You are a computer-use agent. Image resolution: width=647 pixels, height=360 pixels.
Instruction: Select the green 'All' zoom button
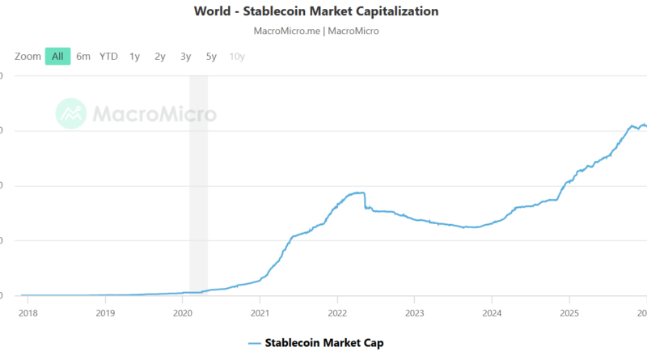tap(57, 57)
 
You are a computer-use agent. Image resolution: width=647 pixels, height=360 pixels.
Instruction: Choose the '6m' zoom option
tap(83, 57)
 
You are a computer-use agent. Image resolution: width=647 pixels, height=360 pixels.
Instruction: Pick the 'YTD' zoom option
tap(108, 57)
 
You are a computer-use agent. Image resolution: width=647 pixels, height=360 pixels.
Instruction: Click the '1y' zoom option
tap(134, 57)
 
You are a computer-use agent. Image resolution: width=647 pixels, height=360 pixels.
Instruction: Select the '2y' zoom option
tap(160, 57)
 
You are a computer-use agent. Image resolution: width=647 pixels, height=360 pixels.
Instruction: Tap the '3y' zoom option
tap(185, 57)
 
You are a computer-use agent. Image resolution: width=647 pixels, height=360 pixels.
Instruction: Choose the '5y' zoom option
tap(211, 57)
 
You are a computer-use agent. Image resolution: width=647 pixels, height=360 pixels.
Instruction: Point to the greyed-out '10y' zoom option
tap(237, 57)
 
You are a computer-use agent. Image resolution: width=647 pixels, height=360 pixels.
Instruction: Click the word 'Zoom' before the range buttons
tap(27, 57)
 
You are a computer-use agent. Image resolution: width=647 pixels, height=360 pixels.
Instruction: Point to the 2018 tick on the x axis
tap(27, 312)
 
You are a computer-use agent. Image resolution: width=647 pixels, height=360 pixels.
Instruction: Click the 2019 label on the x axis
tap(105, 312)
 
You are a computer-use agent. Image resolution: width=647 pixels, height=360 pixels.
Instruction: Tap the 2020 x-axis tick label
tap(182, 312)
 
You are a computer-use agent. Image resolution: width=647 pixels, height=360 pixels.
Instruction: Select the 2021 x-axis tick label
tap(260, 312)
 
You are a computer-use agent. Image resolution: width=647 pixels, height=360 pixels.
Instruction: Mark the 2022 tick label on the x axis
tap(337, 312)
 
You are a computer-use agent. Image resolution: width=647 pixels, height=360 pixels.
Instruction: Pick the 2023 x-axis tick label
tap(414, 312)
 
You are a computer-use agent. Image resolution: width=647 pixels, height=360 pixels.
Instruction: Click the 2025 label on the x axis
tap(569, 312)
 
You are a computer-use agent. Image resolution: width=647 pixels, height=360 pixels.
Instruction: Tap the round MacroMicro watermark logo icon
tap(71, 113)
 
